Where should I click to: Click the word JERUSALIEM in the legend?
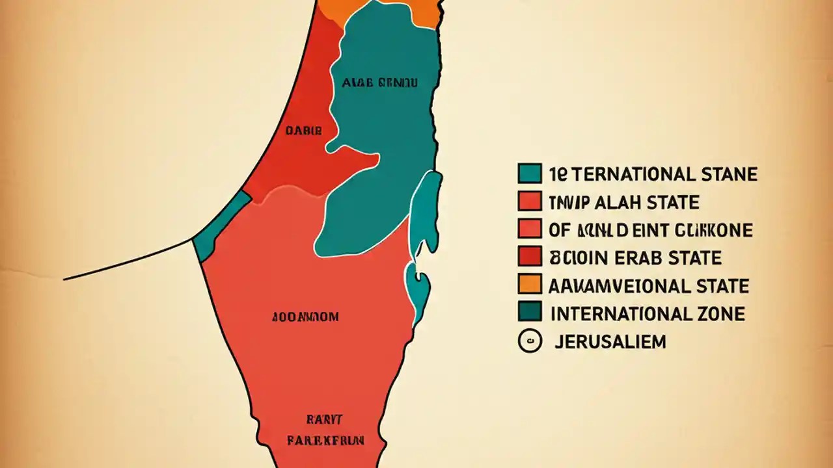click(610, 342)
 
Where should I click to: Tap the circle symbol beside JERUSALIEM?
click(530, 341)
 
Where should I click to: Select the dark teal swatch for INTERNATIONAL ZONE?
click(530, 312)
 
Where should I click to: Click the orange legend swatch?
click(530, 284)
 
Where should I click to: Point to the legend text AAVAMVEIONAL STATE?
click(649, 285)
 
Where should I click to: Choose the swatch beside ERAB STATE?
click(530, 256)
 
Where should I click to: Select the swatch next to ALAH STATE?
click(530, 201)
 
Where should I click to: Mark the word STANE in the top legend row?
click(730, 174)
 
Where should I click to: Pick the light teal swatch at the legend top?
click(530, 173)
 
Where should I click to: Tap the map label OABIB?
click(304, 130)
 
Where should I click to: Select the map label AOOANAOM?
click(305, 317)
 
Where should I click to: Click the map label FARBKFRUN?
click(325, 440)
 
